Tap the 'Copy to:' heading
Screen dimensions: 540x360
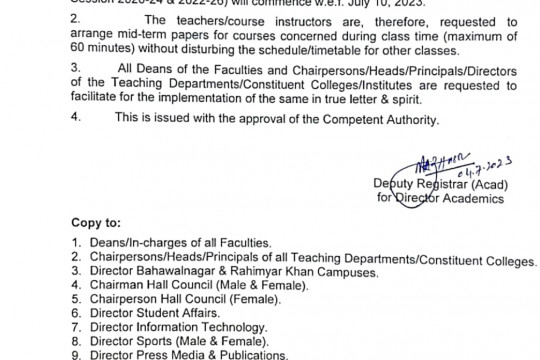[97, 222]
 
